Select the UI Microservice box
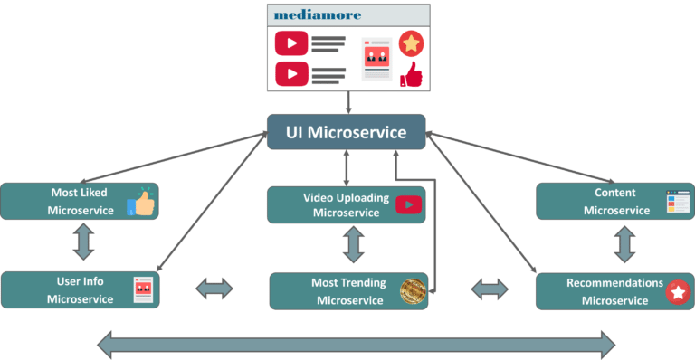(x=348, y=133)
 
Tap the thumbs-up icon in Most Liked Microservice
(x=141, y=202)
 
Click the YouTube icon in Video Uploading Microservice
(x=408, y=205)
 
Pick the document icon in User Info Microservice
(x=143, y=289)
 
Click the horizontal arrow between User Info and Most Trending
(x=214, y=289)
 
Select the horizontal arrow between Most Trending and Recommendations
(x=490, y=289)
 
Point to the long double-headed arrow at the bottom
(x=356, y=345)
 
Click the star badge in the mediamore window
(x=412, y=43)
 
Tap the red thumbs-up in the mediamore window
(x=412, y=74)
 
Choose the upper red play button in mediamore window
(x=290, y=43)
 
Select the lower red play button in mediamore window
(x=290, y=72)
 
